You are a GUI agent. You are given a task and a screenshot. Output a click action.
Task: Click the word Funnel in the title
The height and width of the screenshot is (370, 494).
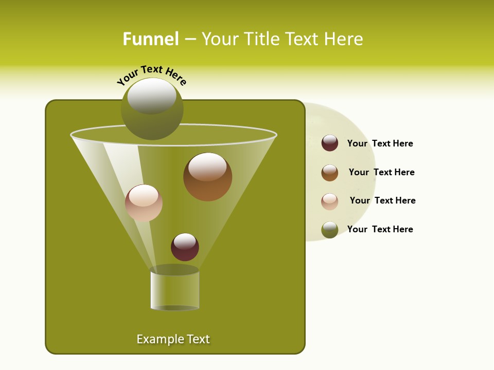pyautogui.click(x=151, y=39)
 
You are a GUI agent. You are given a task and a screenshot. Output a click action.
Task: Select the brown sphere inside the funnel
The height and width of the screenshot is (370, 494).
pyautogui.click(x=207, y=177)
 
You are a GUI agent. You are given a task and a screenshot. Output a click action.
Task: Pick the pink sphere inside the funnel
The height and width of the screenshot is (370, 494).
pyautogui.click(x=144, y=203)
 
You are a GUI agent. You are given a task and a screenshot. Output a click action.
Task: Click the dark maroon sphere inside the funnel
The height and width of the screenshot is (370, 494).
pyautogui.click(x=185, y=247)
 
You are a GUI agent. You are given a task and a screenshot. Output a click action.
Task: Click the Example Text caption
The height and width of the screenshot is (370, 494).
pyautogui.click(x=173, y=339)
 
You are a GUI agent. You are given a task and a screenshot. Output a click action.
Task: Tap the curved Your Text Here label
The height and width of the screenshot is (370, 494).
pyautogui.click(x=151, y=75)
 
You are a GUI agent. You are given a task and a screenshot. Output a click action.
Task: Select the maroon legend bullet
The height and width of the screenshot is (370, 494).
pyautogui.click(x=330, y=143)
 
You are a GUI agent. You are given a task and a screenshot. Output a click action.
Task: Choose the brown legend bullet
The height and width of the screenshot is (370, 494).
pyautogui.click(x=330, y=173)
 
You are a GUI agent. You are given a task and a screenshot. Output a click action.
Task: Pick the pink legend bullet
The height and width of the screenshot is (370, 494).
pyautogui.click(x=330, y=201)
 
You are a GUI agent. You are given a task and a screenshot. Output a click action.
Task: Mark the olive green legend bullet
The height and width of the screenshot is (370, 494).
pyautogui.click(x=330, y=230)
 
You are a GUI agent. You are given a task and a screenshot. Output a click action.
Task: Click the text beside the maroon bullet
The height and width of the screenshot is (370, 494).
pyautogui.click(x=380, y=143)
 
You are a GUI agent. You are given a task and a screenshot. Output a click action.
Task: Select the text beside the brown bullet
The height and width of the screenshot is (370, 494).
pyautogui.click(x=381, y=172)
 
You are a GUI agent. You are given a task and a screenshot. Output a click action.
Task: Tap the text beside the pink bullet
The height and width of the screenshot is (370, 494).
pyautogui.click(x=382, y=200)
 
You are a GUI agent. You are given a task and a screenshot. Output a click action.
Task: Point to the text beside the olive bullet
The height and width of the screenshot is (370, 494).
pyautogui.click(x=380, y=229)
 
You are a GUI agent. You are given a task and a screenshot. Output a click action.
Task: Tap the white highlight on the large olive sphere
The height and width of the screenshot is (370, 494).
pyautogui.click(x=152, y=96)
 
